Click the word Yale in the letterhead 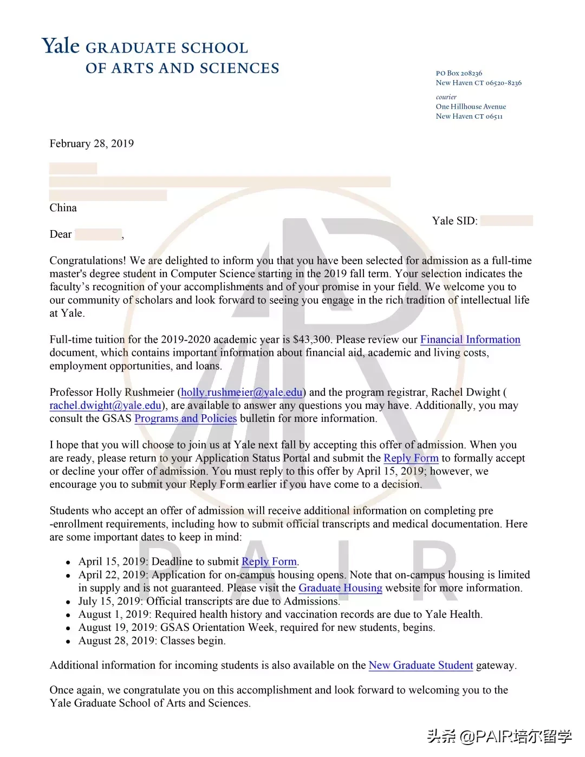point(61,46)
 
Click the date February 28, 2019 point(92,143)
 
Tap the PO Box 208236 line point(459,73)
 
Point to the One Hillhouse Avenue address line point(471,107)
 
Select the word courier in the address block point(446,97)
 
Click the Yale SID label point(454,221)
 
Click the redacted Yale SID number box point(506,220)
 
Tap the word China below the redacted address point(63,208)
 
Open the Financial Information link point(470,340)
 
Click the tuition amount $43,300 point(311,340)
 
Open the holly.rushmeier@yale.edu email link point(242,393)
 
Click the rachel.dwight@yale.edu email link point(106,406)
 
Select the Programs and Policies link point(185,419)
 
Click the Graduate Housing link point(340,588)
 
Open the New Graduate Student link point(420,665)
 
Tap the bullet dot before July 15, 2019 point(68,602)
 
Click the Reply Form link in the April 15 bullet point(269,562)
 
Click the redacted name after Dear point(98,234)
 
